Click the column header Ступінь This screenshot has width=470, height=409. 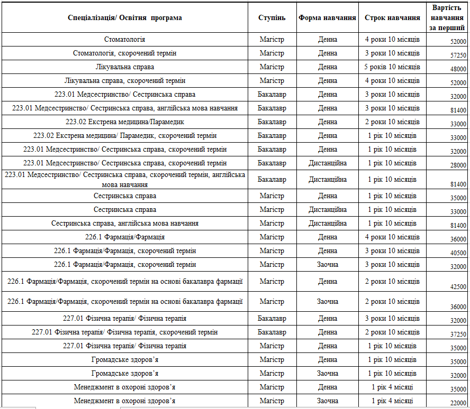272,17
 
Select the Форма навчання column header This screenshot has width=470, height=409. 327,17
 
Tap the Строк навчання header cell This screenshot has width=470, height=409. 392,17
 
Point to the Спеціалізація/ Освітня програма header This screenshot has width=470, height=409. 125,17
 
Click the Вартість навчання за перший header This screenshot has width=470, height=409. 447,17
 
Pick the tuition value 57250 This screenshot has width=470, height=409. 458,55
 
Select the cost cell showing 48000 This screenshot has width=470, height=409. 458,69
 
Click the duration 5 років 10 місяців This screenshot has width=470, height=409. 392,67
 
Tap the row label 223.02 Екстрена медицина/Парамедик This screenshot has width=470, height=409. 125,122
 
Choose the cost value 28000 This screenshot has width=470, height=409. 458,165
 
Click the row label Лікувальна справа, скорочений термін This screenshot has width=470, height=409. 125,81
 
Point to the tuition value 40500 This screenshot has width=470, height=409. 458,253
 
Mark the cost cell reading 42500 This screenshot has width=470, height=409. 458,287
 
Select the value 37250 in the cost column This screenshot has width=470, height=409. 458,334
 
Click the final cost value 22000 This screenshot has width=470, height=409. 458,403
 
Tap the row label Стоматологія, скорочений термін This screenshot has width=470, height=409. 125,53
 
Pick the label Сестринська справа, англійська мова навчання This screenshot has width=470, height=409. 125,224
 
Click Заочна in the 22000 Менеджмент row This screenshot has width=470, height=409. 327,401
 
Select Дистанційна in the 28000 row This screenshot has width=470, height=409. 327,163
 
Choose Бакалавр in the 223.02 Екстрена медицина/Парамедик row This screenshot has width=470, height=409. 272,122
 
